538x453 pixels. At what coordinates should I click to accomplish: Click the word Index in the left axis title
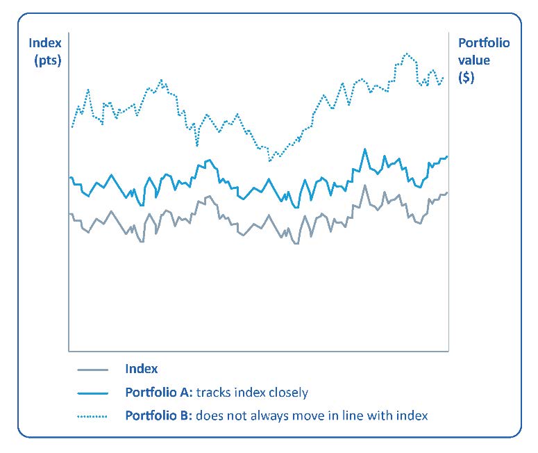[44, 43]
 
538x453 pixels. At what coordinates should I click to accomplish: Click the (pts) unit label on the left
[47, 60]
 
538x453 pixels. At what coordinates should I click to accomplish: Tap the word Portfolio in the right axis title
[484, 43]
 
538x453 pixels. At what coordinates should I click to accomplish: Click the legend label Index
[142, 370]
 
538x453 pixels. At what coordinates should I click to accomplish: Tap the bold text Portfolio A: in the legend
[159, 393]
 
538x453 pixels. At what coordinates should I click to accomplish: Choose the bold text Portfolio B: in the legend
[159, 415]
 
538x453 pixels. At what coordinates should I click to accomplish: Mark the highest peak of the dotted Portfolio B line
[406, 53]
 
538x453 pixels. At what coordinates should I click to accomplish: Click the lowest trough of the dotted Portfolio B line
[269, 160]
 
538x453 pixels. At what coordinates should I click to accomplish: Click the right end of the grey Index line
[448, 192]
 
